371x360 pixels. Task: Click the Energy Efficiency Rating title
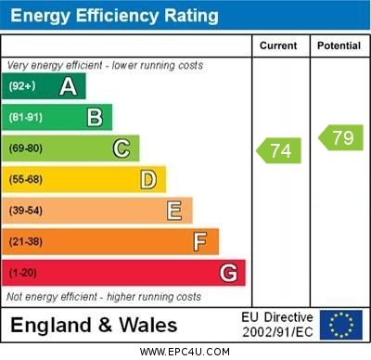click(114, 16)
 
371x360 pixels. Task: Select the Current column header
click(278, 45)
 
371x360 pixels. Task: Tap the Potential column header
click(339, 45)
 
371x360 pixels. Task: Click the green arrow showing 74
click(279, 149)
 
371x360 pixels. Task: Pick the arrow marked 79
click(340, 138)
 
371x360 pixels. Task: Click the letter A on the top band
click(68, 86)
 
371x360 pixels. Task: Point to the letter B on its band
click(95, 117)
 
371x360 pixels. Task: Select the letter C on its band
click(122, 148)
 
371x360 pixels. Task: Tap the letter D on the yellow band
click(148, 179)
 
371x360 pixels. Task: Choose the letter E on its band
click(174, 211)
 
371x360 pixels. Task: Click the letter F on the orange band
click(200, 242)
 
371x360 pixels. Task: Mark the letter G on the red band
click(227, 273)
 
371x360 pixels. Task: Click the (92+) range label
click(21, 86)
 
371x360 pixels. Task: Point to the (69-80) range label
click(26, 148)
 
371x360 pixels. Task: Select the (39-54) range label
click(26, 211)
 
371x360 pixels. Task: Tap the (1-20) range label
click(23, 273)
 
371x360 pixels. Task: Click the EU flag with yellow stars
click(341, 325)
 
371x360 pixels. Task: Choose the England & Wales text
click(94, 325)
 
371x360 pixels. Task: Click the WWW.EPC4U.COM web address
click(185, 352)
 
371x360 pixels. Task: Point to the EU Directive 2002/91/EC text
click(277, 325)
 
